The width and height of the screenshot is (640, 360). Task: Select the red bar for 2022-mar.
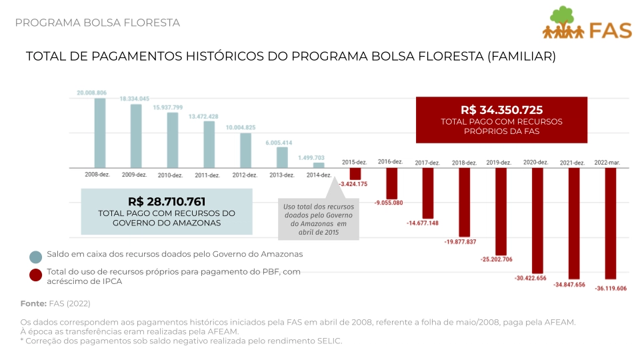click(x=611, y=223)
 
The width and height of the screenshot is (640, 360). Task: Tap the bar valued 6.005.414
click(x=282, y=157)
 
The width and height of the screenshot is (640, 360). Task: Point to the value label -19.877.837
click(x=460, y=241)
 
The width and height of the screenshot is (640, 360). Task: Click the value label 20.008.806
click(x=92, y=93)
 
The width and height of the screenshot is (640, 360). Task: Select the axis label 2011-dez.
click(x=207, y=175)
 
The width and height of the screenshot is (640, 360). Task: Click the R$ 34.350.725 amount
click(x=501, y=110)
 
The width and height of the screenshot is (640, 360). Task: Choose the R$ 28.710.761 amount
click(x=167, y=201)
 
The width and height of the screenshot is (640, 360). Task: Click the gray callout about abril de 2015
click(x=319, y=219)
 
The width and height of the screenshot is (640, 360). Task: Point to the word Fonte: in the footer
click(x=33, y=303)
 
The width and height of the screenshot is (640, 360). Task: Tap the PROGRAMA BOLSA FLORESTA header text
click(x=97, y=23)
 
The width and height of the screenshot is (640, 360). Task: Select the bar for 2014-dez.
click(x=319, y=165)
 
